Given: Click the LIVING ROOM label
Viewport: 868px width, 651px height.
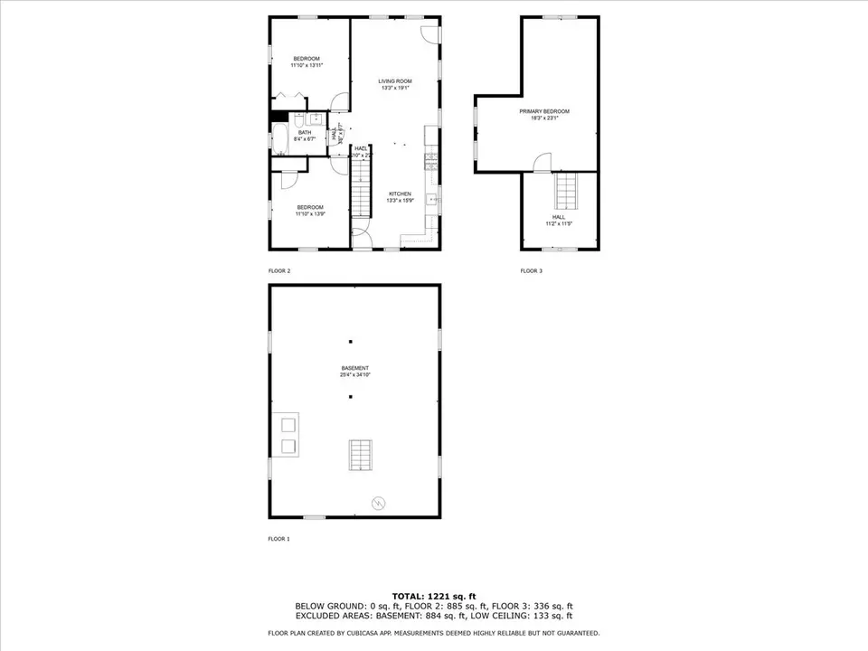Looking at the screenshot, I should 395,81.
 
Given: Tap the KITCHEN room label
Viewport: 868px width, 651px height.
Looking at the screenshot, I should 400,194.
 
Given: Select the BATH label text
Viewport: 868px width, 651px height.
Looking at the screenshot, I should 305,133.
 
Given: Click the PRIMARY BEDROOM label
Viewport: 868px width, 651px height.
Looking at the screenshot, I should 544,111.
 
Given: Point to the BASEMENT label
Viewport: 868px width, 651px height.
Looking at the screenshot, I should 354,368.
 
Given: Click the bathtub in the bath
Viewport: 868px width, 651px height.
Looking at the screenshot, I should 278,140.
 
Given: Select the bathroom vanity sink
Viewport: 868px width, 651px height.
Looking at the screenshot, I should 316,118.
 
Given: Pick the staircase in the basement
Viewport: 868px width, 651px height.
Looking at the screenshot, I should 360,454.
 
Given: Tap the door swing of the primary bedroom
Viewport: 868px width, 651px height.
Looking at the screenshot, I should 541,163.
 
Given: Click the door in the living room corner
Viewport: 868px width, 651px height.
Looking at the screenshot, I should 430,33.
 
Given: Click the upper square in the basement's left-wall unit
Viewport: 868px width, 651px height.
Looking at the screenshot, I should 289,424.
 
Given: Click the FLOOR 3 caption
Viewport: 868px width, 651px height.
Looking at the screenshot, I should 531,271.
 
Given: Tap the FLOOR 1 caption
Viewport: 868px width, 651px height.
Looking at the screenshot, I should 278,539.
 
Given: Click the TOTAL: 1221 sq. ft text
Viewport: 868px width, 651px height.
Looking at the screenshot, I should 433,595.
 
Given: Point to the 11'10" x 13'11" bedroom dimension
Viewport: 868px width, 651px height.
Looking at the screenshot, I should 307,65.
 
